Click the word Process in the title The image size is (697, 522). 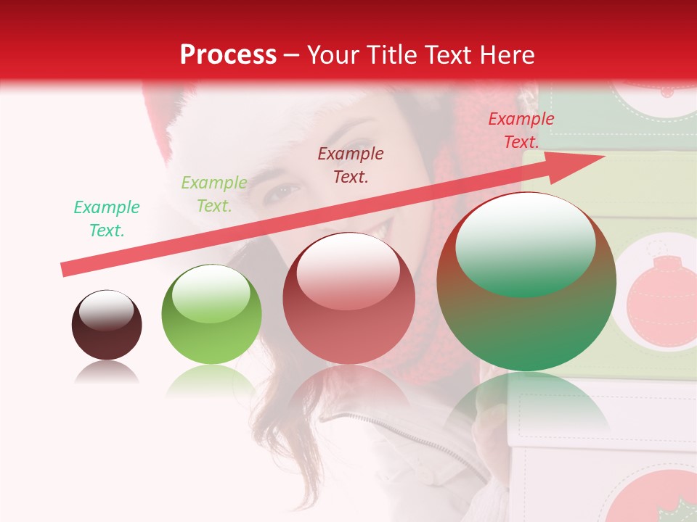coord(228,55)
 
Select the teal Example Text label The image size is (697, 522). coord(107,219)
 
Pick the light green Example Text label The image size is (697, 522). coord(214,194)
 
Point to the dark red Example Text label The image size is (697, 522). coord(351,165)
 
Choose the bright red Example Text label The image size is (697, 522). coord(521,130)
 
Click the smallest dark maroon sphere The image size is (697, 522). coord(107,326)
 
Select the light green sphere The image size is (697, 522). coord(211,315)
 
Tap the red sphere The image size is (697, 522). coord(348,299)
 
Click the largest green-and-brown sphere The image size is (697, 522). coord(526,283)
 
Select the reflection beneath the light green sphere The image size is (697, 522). coord(211,380)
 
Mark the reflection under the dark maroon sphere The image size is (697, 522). coord(107,373)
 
